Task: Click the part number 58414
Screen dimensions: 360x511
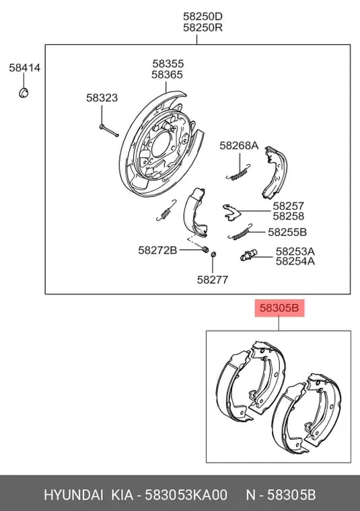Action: coord(25,68)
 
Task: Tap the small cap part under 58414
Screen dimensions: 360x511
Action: coord(24,93)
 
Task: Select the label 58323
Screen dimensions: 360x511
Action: coord(102,97)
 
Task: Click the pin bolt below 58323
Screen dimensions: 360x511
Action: coord(109,130)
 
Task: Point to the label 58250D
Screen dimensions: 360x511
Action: coord(203,16)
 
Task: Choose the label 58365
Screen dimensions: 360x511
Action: coord(167,75)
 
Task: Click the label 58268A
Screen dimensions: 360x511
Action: coord(239,145)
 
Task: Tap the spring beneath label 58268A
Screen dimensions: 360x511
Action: coord(238,173)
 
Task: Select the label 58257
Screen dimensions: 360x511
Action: coord(288,206)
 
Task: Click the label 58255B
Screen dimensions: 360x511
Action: coord(287,232)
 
